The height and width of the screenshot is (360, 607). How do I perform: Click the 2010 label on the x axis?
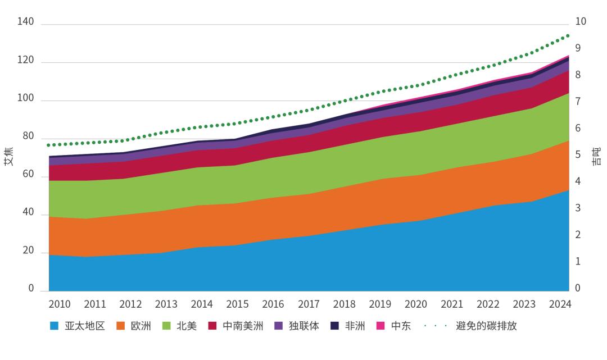59,304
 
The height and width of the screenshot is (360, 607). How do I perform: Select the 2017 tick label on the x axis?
309,304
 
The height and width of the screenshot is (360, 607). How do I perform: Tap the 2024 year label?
560,304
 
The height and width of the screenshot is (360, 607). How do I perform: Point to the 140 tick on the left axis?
26,22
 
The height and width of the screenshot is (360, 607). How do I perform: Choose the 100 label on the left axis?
26,99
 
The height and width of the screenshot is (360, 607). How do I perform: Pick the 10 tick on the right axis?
581,22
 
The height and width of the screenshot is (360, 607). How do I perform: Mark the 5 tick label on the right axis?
578,156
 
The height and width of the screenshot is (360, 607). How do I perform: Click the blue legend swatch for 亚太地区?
54,326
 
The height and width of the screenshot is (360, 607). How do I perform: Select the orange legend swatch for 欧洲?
120,326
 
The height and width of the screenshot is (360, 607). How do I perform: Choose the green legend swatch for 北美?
166,326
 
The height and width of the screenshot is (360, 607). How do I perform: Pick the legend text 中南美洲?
243,326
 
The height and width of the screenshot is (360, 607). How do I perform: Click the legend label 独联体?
303,326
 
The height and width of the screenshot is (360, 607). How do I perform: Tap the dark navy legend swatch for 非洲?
334,326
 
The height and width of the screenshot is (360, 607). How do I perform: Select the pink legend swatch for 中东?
380,326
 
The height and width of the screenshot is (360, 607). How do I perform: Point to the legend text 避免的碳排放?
486,326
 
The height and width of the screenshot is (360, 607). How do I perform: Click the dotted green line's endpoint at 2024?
568,35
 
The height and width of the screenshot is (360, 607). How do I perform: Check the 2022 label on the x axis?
488,304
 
